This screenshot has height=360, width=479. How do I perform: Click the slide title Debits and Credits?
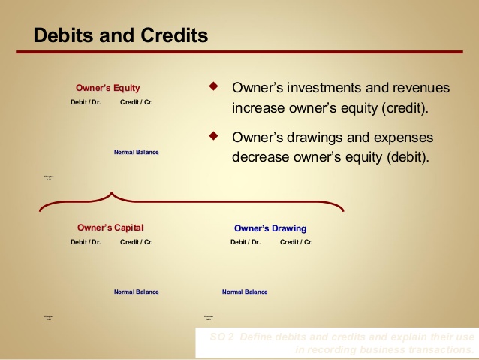[121, 35]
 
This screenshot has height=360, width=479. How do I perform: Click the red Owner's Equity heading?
[107, 88]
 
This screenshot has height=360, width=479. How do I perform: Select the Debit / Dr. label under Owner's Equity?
[86, 101]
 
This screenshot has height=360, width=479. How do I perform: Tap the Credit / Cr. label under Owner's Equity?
[136, 101]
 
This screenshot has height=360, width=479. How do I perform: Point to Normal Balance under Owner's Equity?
[136, 152]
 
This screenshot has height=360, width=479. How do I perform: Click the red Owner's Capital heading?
[110, 228]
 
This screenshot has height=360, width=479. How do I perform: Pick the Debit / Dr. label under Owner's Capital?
[86, 242]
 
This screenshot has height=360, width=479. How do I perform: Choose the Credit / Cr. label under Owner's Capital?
[136, 242]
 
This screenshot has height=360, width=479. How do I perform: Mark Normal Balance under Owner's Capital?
[136, 292]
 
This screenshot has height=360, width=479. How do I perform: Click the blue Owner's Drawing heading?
[270, 228]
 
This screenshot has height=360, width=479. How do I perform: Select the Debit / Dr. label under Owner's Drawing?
[246, 242]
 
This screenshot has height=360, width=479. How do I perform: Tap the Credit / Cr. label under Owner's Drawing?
[297, 242]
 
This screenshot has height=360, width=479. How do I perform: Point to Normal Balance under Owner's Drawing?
[245, 292]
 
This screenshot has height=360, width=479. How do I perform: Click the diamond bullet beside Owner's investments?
[213, 86]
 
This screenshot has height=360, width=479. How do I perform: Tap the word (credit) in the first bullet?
[405, 107]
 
